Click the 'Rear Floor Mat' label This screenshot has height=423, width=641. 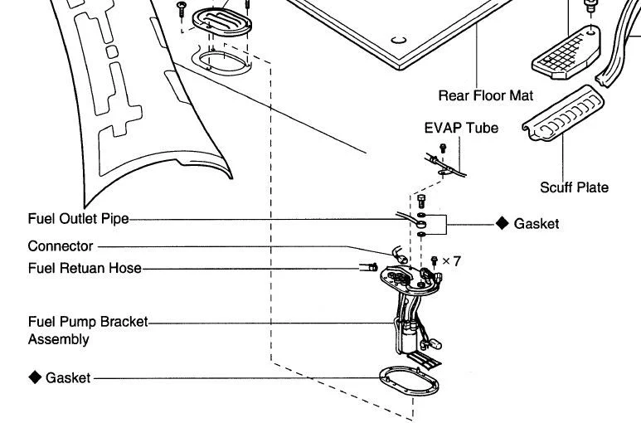485,95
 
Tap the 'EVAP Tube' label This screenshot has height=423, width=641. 449,129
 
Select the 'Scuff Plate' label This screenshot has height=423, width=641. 574,187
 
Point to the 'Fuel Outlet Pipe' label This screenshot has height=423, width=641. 79,220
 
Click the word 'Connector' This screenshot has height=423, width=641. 61,246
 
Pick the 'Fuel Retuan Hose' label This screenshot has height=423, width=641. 84,268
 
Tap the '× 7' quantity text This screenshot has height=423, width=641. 451,260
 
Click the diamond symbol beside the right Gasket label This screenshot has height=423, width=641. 501,224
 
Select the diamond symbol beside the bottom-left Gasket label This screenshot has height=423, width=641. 35,377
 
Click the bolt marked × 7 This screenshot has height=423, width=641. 434,261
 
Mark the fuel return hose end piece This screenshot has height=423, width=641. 367,267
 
